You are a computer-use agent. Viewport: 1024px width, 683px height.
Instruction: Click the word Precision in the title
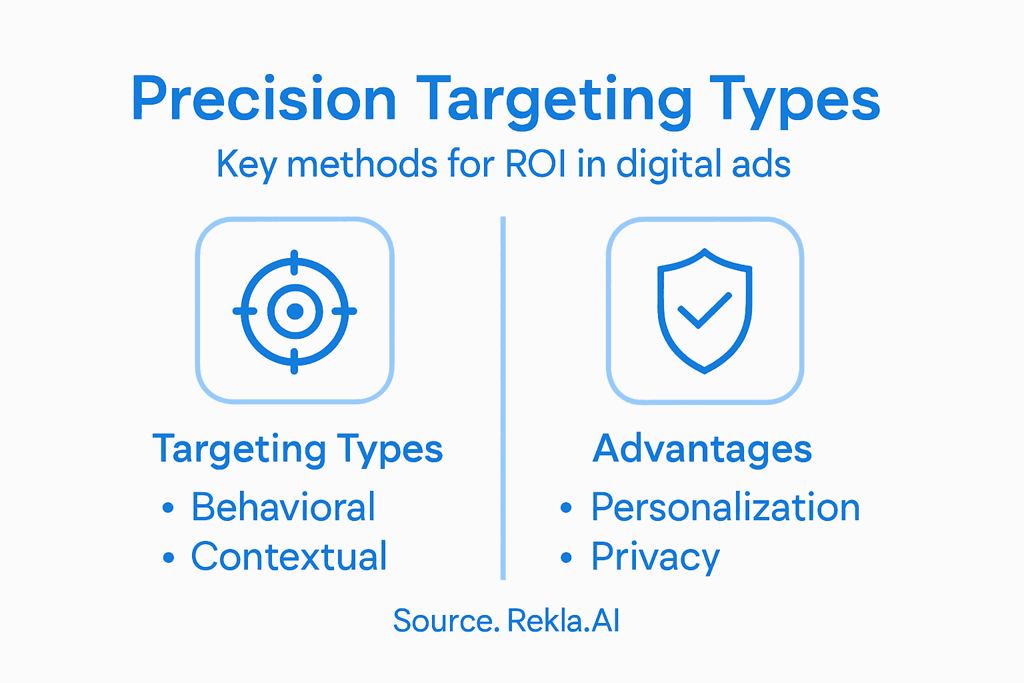tap(264, 100)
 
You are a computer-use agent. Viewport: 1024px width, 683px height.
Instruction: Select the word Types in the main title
tap(795, 100)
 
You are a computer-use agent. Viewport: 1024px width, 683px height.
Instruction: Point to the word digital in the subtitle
tap(669, 163)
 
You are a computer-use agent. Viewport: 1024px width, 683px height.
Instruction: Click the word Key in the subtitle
tap(246, 163)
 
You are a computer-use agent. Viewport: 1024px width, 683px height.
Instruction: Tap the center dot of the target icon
tap(295, 311)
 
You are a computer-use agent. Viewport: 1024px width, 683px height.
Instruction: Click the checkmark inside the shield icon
tap(704, 310)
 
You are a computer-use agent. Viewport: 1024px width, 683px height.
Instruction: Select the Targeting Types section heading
tap(297, 449)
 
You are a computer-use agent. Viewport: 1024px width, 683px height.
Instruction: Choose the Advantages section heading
tap(702, 448)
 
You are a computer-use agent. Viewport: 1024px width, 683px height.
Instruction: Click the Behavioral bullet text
tap(283, 507)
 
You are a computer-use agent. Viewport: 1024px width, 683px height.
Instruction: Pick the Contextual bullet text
tap(289, 556)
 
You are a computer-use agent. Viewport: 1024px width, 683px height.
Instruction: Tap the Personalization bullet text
tap(725, 507)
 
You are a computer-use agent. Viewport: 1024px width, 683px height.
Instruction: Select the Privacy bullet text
tap(655, 556)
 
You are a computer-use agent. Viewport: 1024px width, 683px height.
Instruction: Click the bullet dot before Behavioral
tap(168, 508)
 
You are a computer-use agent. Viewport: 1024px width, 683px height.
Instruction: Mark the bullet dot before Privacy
tap(566, 558)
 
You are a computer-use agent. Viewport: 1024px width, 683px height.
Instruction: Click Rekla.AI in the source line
tap(563, 621)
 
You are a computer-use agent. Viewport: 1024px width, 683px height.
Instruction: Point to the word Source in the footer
tap(445, 621)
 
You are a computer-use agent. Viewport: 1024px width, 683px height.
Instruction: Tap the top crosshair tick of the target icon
tap(295, 262)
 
